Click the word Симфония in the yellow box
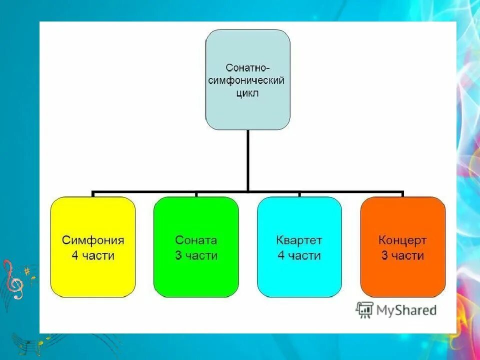pos(93,240)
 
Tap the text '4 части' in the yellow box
pos(93,256)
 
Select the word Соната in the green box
pos(196,240)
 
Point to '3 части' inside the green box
pos(196,256)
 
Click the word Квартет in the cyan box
pos(299,240)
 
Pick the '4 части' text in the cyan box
pos(299,256)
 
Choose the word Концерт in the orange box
pos(402,240)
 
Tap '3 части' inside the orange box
pos(402,256)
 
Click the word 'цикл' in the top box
pos(247,93)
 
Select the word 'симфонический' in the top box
pos(247,80)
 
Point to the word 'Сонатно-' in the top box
pos(247,67)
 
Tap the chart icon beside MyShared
pos(364,310)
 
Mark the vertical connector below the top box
pos(247,160)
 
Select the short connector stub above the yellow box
pos(93,194)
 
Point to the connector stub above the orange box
pos(402,194)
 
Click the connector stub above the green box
pos(196,194)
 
